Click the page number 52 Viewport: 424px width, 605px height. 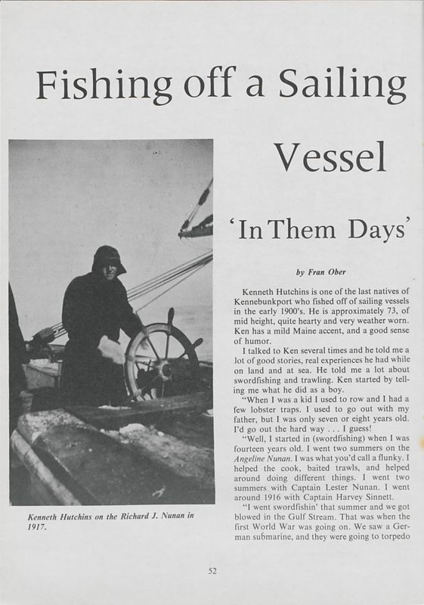212,570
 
